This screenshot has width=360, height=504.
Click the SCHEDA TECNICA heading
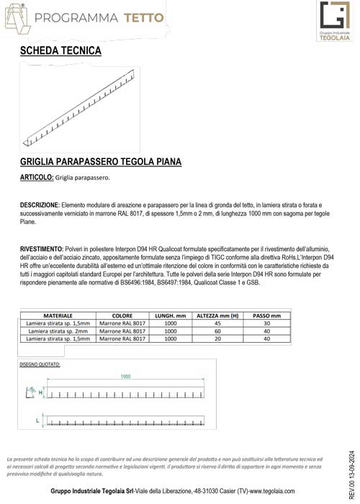(60, 51)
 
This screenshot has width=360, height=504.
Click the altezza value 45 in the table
(218, 324)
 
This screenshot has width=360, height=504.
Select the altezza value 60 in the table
(218, 331)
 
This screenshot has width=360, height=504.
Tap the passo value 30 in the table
(266, 324)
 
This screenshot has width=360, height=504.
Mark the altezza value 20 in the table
(218, 338)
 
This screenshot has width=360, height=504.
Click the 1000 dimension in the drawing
(126, 377)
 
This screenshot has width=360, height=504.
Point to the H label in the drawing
(40, 392)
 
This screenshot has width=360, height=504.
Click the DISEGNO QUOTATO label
(40, 364)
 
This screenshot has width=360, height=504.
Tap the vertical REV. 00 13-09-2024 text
(352, 469)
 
